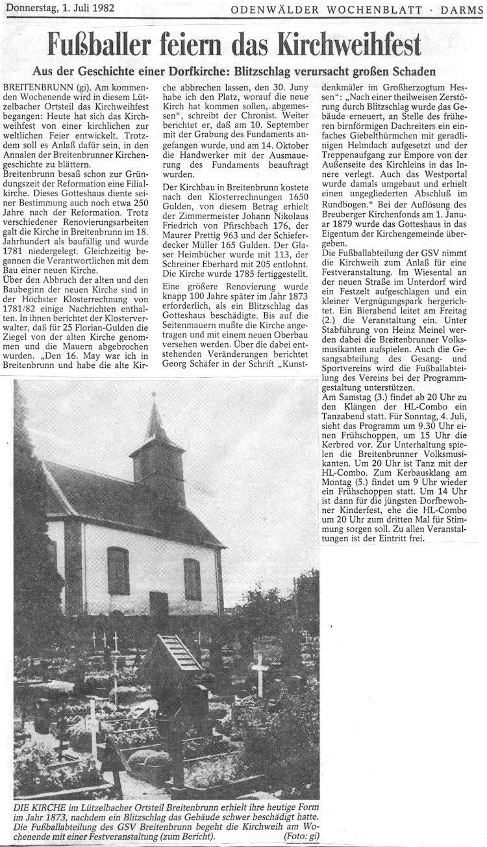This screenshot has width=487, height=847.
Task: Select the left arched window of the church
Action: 118,570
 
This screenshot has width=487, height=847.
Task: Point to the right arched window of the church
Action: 192,579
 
